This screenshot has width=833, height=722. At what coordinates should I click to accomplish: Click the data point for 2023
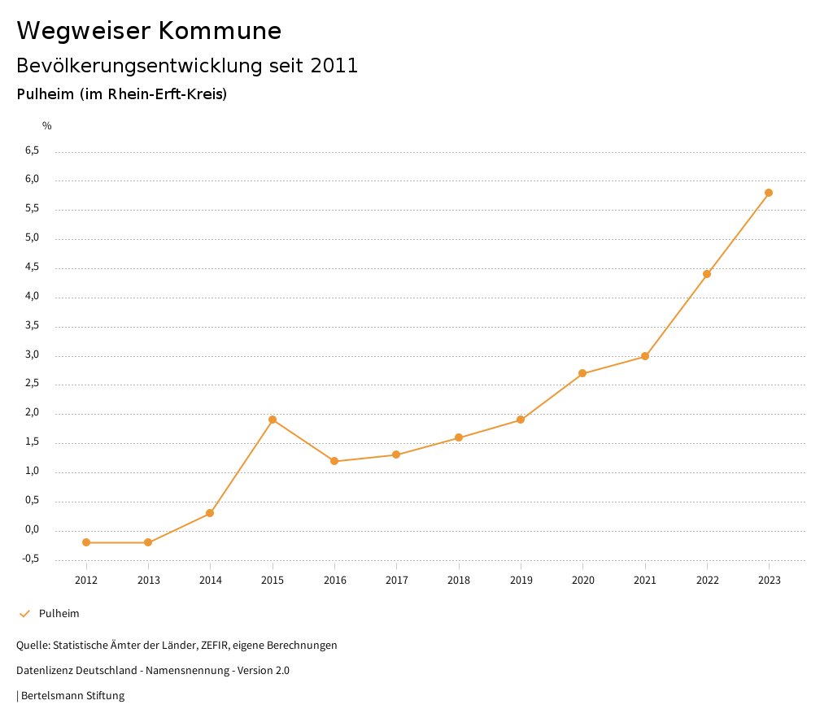(x=769, y=193)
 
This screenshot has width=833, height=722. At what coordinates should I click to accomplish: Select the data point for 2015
(x=273, y=420)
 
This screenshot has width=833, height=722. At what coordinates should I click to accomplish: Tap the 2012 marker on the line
(x=86, y=542)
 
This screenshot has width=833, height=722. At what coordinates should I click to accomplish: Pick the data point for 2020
(x=582, y=373)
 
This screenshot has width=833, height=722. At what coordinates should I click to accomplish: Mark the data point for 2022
(x=707, y=274)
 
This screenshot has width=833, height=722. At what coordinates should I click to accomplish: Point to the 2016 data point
(x=334, y=461)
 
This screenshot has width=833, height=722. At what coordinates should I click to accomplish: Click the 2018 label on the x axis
(x=459, y=580)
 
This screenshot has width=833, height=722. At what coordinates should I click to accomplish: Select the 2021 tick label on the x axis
(x=645, y=580)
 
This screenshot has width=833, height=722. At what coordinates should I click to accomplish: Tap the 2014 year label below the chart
(x=210, y=580)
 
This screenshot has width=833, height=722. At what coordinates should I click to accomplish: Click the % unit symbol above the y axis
(x=47, y=126)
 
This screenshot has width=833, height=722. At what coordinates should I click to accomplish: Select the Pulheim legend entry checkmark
(x=24, y=614)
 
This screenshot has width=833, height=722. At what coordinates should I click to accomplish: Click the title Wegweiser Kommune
(x=149, y=31)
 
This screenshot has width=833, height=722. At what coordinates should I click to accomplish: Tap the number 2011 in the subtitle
(x=334, y=66)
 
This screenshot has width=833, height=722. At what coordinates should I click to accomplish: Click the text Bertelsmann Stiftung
(x=72, y=696)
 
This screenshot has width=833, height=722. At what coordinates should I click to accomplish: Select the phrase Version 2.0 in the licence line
(x=263, y=671)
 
